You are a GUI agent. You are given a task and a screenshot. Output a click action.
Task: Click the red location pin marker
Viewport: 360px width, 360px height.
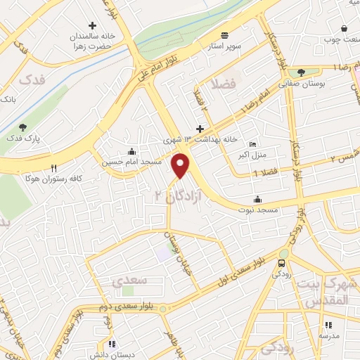point(181,166)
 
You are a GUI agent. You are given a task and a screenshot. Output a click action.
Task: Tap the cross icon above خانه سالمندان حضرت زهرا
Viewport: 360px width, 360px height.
point(92,25)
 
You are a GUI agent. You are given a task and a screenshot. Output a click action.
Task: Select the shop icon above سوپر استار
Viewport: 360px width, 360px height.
point(224,35)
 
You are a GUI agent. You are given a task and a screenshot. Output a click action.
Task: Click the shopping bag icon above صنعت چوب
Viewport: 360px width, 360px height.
point(344,28)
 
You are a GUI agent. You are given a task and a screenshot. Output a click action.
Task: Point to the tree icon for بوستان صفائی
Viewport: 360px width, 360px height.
point(301,72)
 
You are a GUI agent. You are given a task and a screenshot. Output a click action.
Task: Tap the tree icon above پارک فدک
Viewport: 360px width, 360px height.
point(23,127)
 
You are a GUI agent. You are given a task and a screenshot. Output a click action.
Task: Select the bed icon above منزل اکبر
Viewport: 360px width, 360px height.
point(253,144)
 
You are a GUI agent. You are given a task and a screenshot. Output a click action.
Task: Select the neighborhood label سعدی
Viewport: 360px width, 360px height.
point(129,281)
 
